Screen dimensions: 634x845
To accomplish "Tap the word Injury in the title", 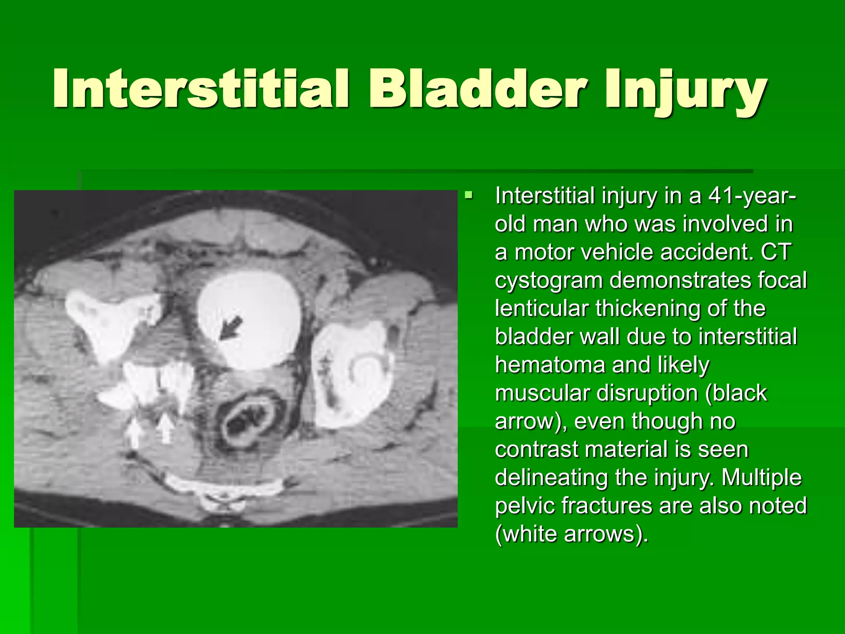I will coord(685,91).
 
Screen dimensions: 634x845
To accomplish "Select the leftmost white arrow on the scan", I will coord(135,433).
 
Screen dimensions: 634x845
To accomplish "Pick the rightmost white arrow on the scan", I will coord(165,428).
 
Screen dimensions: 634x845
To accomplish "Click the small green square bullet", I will coord(468,194).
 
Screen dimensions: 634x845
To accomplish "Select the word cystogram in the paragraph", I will coord(549,281).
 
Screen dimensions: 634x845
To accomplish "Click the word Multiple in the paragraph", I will coord(762,478).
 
